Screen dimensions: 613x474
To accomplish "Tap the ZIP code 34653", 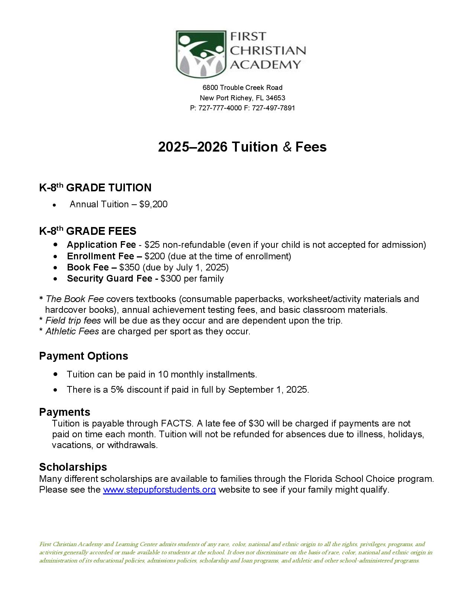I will tap(275, 98).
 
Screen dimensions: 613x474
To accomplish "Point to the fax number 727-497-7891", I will tap(273, 108).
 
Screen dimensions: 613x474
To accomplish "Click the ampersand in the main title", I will tap(287, 147).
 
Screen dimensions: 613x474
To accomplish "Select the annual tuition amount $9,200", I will tap(153, 204).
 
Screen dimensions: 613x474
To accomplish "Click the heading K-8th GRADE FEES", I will tap(88, 231).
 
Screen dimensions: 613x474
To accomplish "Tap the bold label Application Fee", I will tap(101, 245).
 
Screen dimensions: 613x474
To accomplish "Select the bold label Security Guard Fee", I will tap(110, 279).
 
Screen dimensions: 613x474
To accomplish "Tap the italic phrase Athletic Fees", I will tap(72, 331).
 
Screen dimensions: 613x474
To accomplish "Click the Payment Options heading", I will tap(84, 356).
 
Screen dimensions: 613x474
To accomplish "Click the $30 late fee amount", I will tap(256, 424).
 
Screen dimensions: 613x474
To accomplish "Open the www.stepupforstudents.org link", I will tap(159, 490).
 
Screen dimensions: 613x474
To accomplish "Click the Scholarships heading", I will tap(73, 467).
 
